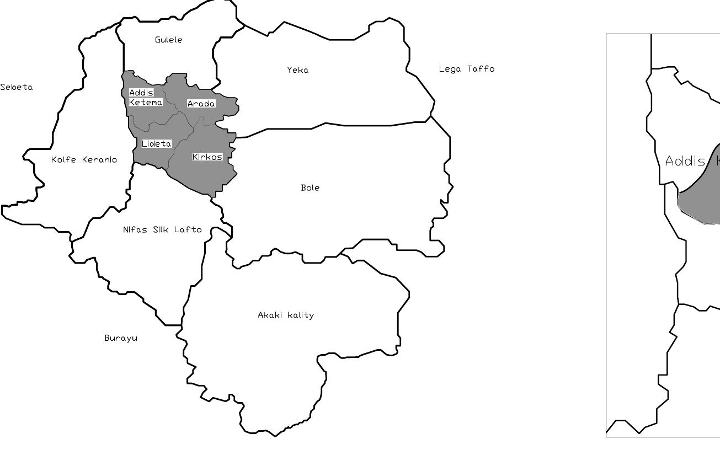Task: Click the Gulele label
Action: pos(168,40)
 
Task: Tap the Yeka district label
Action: pos(298,70)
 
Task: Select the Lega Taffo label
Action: pos(467,69)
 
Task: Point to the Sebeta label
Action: pos(17,87)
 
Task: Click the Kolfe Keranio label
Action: pos(84,160)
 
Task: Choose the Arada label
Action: pos(201,104)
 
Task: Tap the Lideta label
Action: pos(157,144)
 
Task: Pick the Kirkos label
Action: pos(207,157)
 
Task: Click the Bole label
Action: pos(310,188)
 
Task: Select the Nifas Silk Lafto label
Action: pos(162,229)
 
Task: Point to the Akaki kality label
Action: pos(286,315)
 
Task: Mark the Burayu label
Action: pos(121,338)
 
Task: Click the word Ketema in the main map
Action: pos(146,103)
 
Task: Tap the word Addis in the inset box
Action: pos(685,161)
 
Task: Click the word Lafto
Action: pos(188,229)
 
